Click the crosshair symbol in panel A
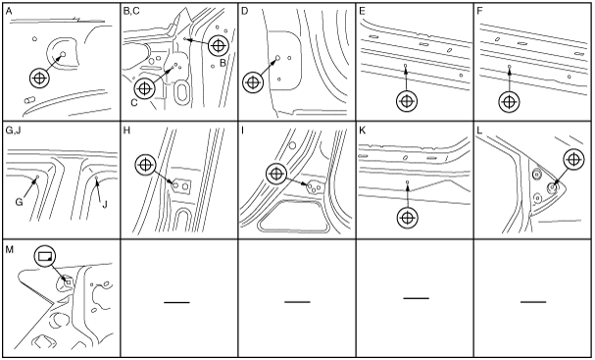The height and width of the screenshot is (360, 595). (40, 78)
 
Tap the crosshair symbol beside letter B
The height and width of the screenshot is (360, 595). (218, 46)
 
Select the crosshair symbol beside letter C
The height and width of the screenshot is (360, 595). (144, 88)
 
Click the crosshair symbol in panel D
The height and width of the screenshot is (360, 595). (253, 82)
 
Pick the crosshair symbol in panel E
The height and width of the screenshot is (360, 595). (407, 101)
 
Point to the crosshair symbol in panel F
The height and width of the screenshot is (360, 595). (509, 102)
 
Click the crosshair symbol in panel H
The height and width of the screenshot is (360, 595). (145, 165)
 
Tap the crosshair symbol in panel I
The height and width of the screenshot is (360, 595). (276, 174)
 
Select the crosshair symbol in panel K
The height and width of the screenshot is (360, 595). (407, 218)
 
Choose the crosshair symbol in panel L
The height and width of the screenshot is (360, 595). (573, 160)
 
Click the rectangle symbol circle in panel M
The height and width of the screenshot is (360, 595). (45, 256)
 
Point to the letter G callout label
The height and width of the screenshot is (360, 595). (19, 202)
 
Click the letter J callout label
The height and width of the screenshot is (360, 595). (105, 205)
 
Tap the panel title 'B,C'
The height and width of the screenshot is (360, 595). (131, 11)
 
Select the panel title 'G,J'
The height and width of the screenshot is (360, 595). (14, 130)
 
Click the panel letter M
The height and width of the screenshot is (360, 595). (10, 249)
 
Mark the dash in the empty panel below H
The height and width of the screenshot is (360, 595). (176, 302)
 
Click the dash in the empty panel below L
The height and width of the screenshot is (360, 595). (533, 302)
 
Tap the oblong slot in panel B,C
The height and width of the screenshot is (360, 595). (182, 92)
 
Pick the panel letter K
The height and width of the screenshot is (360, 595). (362, 130)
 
